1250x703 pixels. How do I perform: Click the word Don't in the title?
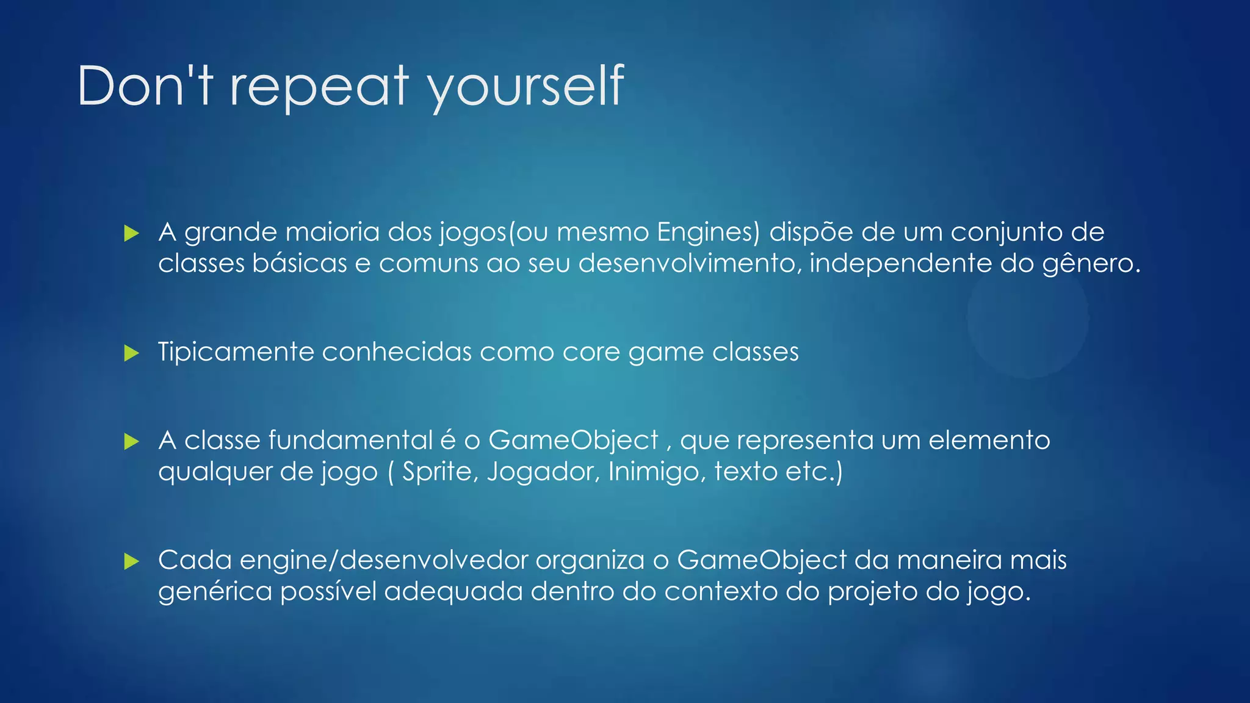(x=145, y=86)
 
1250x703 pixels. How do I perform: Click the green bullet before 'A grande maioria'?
(x=131, y=233)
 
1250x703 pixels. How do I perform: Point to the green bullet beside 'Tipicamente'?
(x=131, y=353)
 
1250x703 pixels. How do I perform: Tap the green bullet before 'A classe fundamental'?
(x=131, y=441)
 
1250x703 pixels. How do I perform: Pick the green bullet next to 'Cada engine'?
(x=131, y=561)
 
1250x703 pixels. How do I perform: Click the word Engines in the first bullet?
(x=708, y=233)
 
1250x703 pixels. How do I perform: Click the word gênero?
(x=1090, y=264)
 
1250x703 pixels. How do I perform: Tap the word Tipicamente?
(x=236, y=352)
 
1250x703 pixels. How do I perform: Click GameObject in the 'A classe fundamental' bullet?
(x=573, y=441)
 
